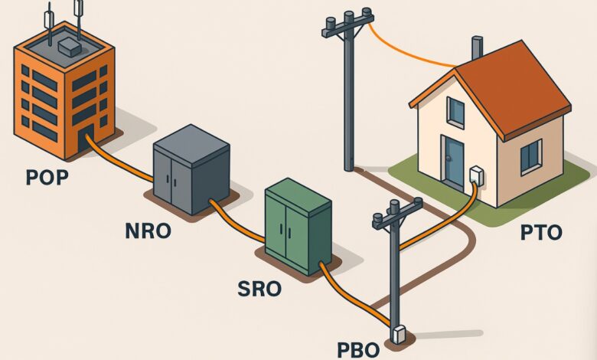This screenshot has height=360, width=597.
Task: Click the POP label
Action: pyautogui.click(x=47, y=178)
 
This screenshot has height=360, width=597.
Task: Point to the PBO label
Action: pyautogui.click(x=358, y=349)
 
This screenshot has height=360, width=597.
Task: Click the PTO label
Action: pyautogui.click(x=540, y=232)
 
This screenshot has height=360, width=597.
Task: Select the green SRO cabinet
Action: pyautogui.click(x=298, y=224)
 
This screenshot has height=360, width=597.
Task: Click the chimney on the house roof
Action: pyautogui.click(x=477, y=47)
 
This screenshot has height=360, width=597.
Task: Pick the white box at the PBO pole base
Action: pyautogui.click(x=398, y=335)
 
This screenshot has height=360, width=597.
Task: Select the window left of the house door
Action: pyautogui.click(x=455, y=112)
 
